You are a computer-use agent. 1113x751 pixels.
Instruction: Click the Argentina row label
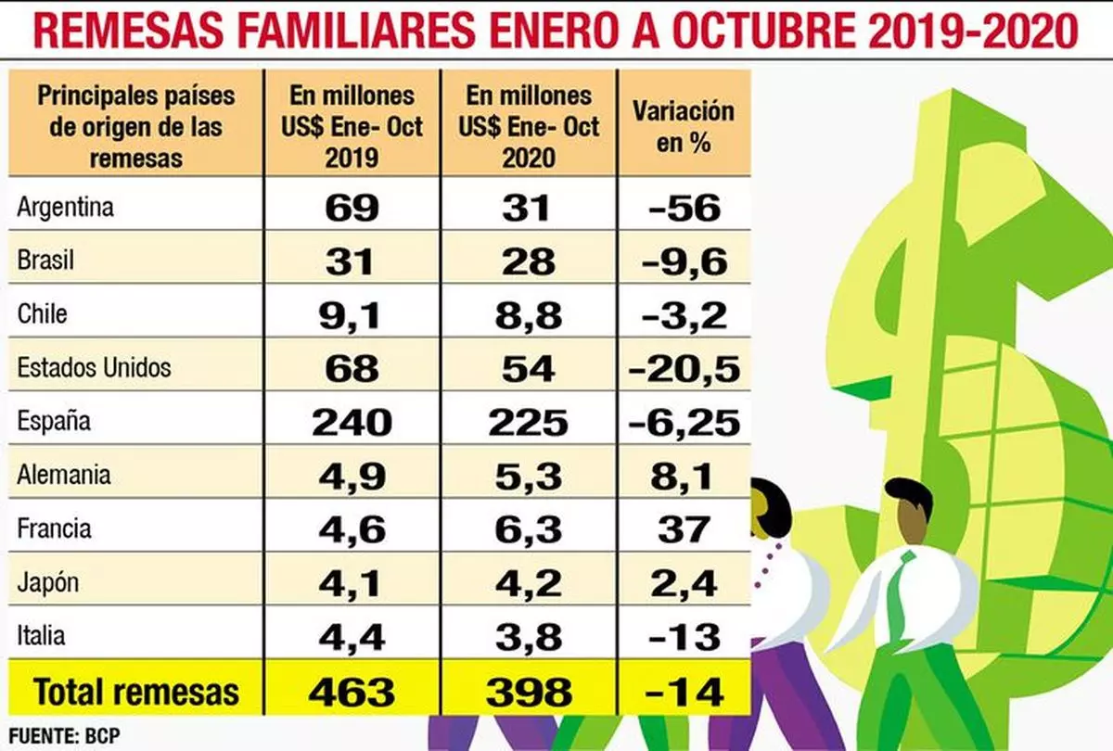[65, 206]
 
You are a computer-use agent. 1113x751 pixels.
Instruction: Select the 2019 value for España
[352, 422]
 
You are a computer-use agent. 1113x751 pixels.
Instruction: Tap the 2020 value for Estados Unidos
[528, 368]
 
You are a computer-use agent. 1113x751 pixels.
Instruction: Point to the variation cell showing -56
[684, 207]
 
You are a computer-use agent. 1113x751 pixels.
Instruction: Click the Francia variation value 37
[684, 529]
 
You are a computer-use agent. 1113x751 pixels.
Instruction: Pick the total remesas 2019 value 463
[352, 691]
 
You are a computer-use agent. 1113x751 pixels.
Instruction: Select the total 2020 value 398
[528, 691]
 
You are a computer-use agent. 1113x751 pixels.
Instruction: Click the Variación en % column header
[684, 126]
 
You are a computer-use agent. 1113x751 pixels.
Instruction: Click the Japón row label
[48, 583]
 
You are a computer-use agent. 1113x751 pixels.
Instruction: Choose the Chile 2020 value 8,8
[528, 314]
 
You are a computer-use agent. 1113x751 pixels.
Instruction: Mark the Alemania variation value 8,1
[684, 476]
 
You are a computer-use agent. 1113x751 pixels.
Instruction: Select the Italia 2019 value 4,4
[352, 637]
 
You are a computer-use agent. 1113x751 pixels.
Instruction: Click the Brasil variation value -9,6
[684, 261]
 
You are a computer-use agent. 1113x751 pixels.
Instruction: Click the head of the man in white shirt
[907, 510]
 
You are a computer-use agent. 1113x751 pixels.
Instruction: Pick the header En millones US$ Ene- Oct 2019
[352, 126]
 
